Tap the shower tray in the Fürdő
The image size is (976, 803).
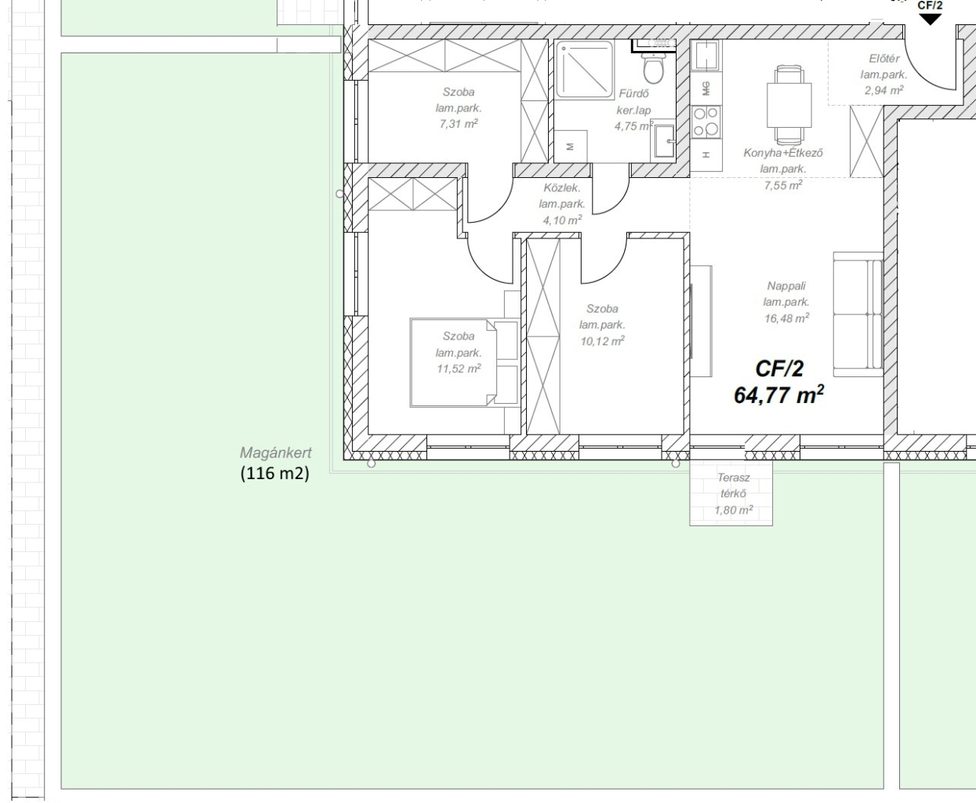coord(585,70)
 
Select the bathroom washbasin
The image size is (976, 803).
coord(664,140)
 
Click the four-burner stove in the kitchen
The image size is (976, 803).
coord(706,122)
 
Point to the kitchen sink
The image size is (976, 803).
coord(706,55)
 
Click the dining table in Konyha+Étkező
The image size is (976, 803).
coord(789,105)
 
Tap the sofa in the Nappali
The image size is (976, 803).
coord(858,314)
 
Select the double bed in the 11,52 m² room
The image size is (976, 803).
coord(464,363)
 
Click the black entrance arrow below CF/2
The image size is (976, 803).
coord(931,19)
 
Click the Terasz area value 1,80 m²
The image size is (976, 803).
coord(734,510)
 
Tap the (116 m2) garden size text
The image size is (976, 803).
coord(274,473)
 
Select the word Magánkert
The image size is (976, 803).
coord(276,452)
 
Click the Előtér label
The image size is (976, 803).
coord(884,59)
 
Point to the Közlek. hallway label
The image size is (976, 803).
coord(562,188)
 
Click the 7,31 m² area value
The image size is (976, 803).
coord(459,124)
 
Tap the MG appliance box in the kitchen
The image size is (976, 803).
coord(706,88)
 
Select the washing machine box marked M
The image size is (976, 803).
coord(571,147)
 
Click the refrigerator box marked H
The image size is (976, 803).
coord(706,155)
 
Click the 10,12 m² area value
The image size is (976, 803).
coord(603,341)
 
